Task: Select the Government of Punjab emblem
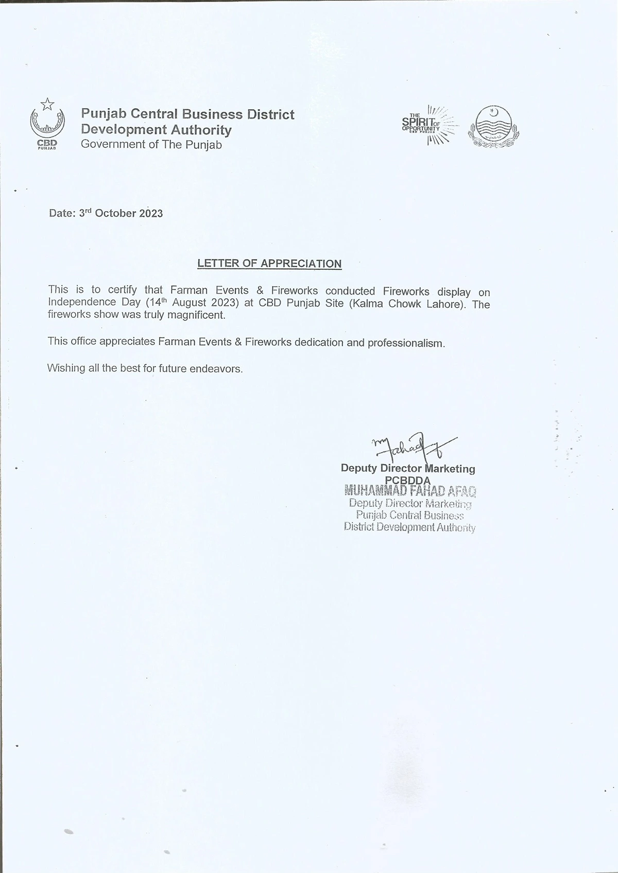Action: click(493, 127)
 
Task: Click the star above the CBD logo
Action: click(47, 104)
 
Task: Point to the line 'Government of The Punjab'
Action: click(151, 145)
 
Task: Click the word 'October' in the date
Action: click(115, 213)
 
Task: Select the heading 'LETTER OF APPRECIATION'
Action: click(269, 264)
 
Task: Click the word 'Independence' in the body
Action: click(82, 302)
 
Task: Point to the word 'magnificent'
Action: click(199, 315)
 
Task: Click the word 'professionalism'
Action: click(406, 343)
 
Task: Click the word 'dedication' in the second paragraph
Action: click(319, 343)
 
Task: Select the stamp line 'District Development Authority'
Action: click(409, 527)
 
